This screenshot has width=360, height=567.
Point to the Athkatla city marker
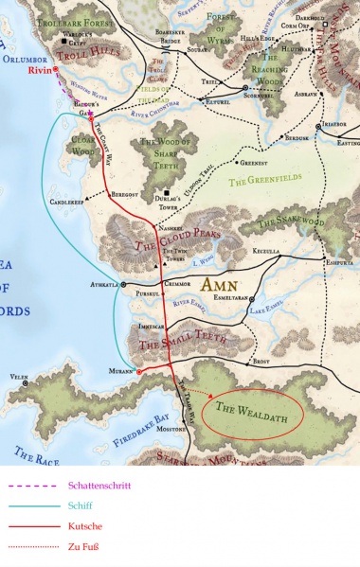(x=123, y=284)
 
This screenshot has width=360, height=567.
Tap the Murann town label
(x=121, y=371)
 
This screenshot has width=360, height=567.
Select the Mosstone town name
(x=173, y=429)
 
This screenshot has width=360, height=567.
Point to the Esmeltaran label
(x=231, y=296)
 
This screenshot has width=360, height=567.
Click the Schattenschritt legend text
(x=99, y=486)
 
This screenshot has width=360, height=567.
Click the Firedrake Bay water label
(x=138, y=416)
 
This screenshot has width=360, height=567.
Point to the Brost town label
(x=262, y=362)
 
